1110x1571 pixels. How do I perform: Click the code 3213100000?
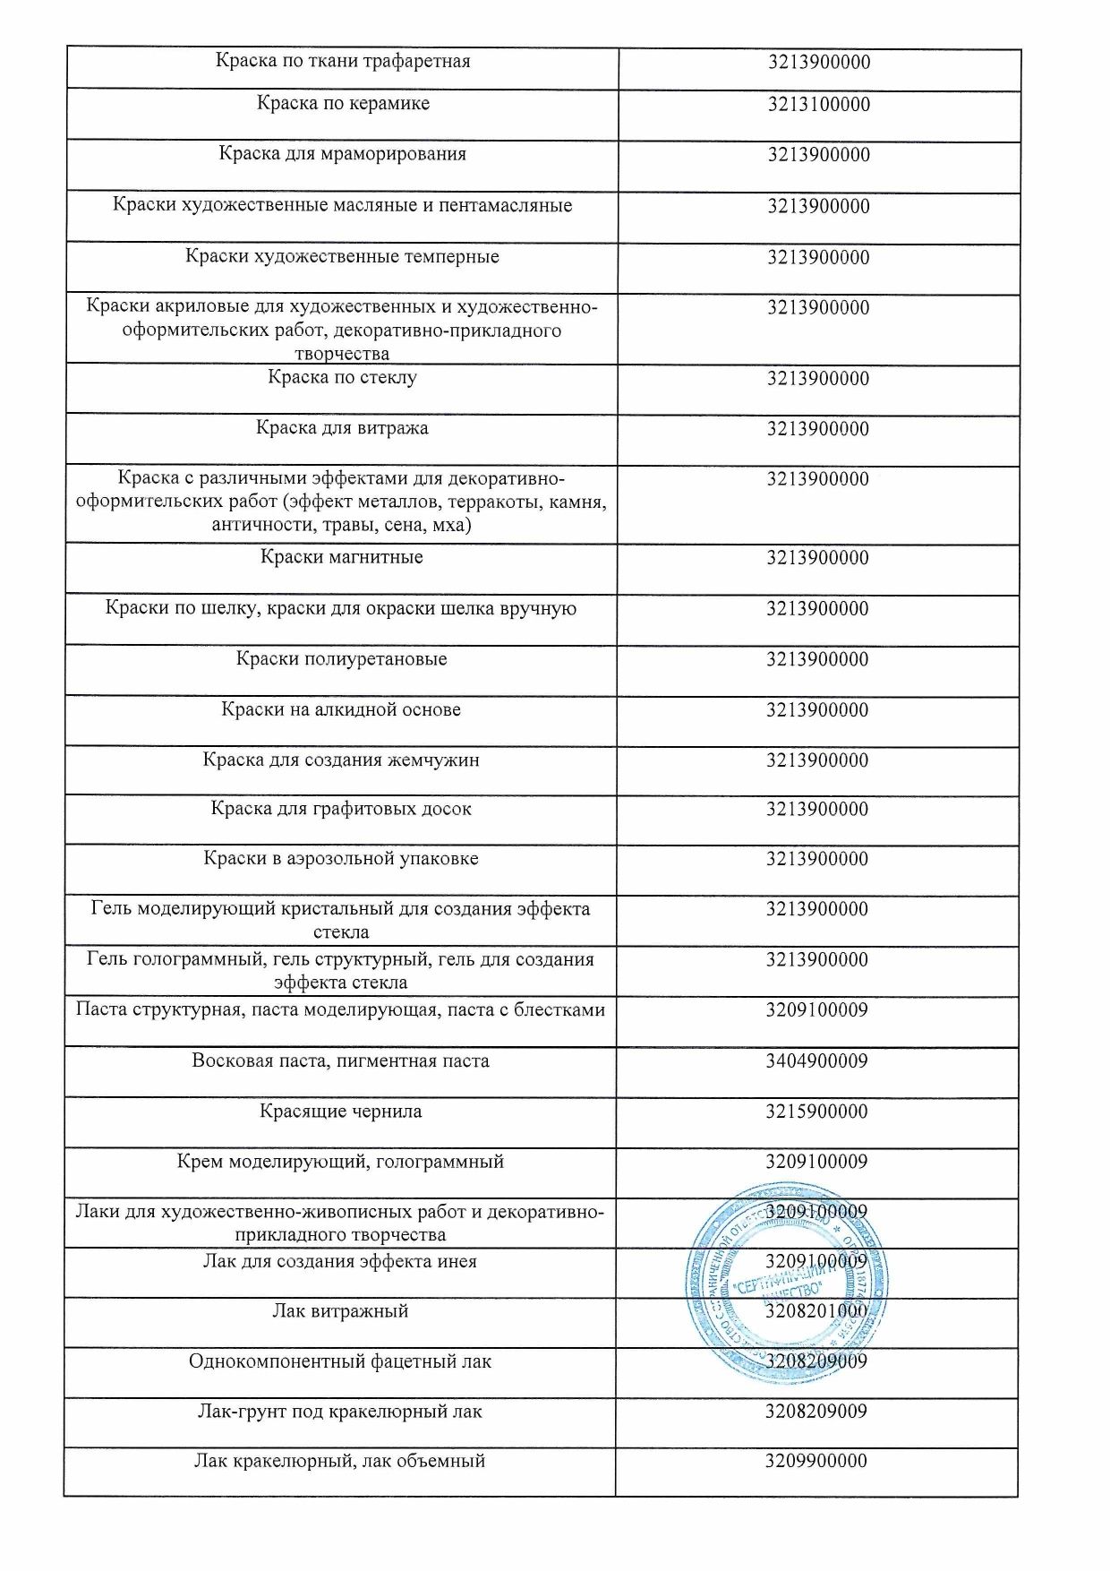click(x=818, y=104)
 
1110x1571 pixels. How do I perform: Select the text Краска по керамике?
click(x=343, y=103)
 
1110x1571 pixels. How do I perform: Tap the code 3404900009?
click(x=816, y=1061)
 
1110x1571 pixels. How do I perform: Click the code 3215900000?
click(x=816, y=1112)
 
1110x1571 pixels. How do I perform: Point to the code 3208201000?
click(x=816, y=1311)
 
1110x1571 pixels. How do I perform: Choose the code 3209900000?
click(x=816, y=1461)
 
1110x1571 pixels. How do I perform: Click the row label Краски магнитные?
click(x=342, y=557)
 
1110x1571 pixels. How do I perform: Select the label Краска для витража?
click(x=342, y=428)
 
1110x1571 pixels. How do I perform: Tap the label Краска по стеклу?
click(x=342, y=377)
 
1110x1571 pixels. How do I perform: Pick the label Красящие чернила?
click(x=341, y=1112)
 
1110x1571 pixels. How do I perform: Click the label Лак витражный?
click(x=340, y=1311)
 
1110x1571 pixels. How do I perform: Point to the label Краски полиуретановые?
click(x=342, y=659)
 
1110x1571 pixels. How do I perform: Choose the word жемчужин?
click(x=432, y=760)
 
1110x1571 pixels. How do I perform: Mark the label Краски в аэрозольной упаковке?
click(x=341, y=859)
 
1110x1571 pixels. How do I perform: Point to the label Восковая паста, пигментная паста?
click(x=340, y=1061)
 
